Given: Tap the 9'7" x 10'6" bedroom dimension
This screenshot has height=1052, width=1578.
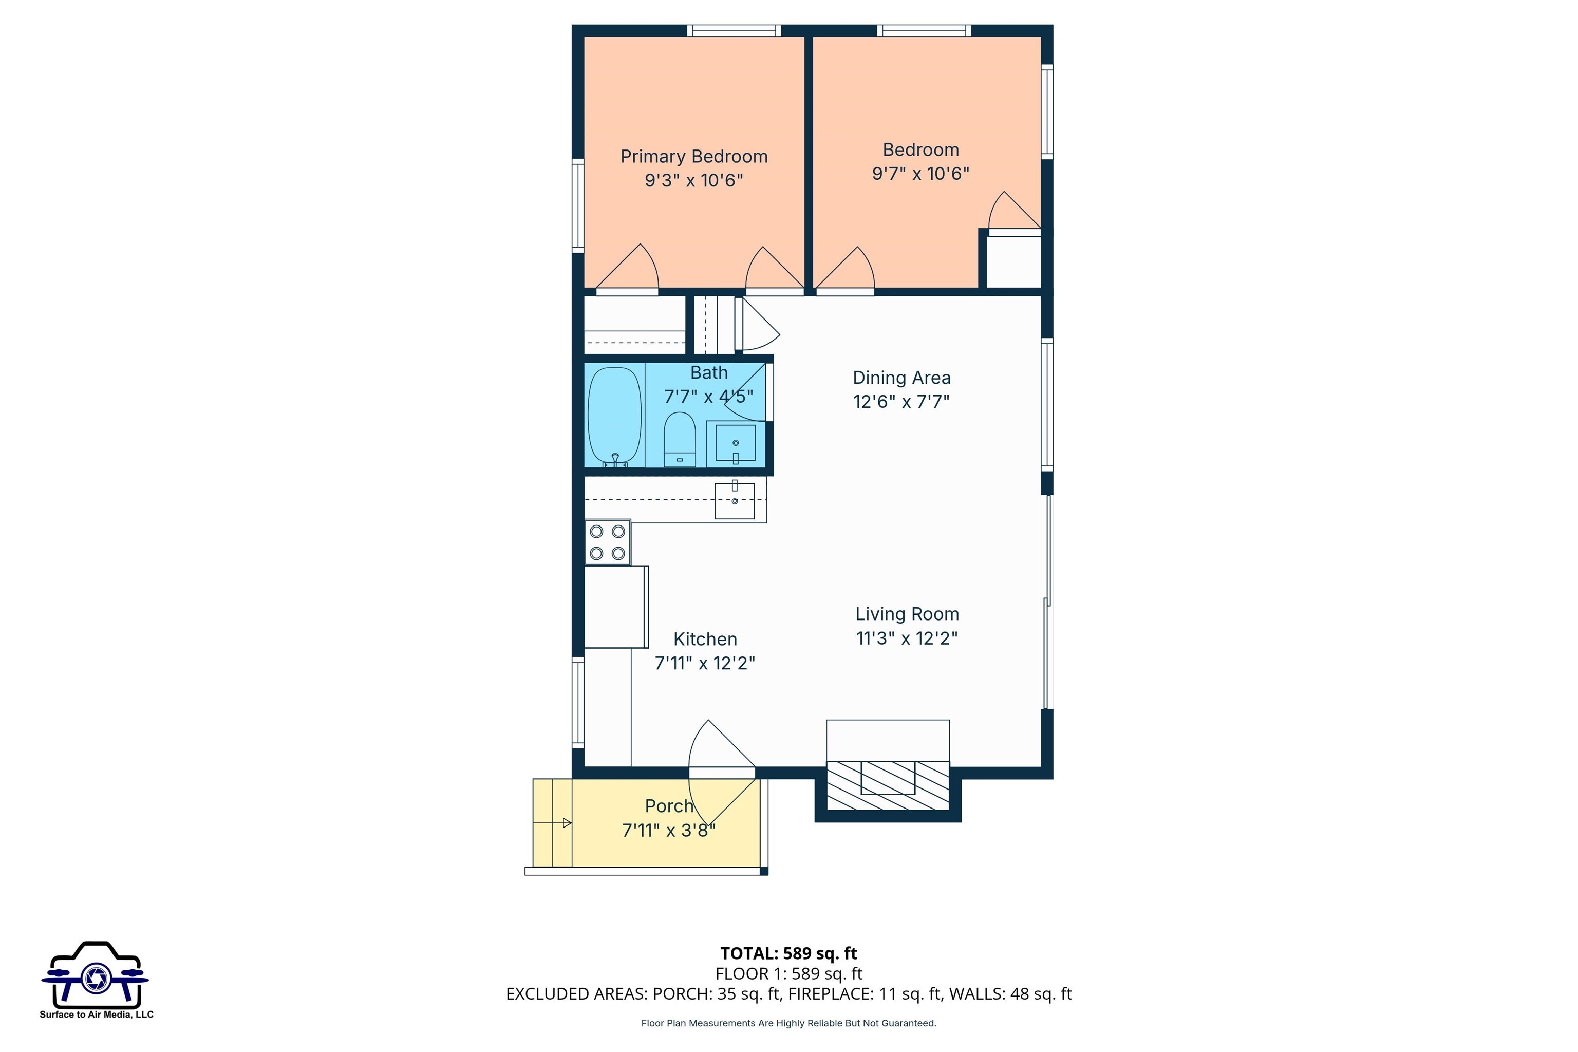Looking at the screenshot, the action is tap(920, 174).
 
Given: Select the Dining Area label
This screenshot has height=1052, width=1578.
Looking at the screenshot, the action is tap(901, 378).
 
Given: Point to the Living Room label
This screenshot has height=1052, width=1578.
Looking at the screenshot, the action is tap(907, 614).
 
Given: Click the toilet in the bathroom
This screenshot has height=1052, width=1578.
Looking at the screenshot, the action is tap(680, 440).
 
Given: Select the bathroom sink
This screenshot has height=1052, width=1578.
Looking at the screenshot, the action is tap(736, 443).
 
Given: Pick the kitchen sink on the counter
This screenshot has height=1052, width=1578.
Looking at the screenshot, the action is tap(735, 500).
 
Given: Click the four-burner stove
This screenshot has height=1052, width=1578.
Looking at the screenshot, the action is tap(608, 542).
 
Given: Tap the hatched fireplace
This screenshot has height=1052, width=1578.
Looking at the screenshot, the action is tap(888, 785).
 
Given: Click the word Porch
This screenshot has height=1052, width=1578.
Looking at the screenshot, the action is tap(669, 806).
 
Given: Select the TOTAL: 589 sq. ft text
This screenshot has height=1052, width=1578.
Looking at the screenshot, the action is tap(788, 953).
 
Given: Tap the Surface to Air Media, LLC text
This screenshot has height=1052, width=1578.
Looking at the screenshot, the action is tap(97, 1015).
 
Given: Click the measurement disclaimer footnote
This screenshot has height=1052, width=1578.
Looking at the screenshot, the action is tap(788, 1023).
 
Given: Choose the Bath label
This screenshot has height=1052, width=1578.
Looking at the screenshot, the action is tap(709, 372).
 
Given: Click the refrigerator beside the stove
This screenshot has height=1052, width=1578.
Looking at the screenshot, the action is tap(616, 607).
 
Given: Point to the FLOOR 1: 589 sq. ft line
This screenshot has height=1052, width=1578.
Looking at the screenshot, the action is tap(788, 973).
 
